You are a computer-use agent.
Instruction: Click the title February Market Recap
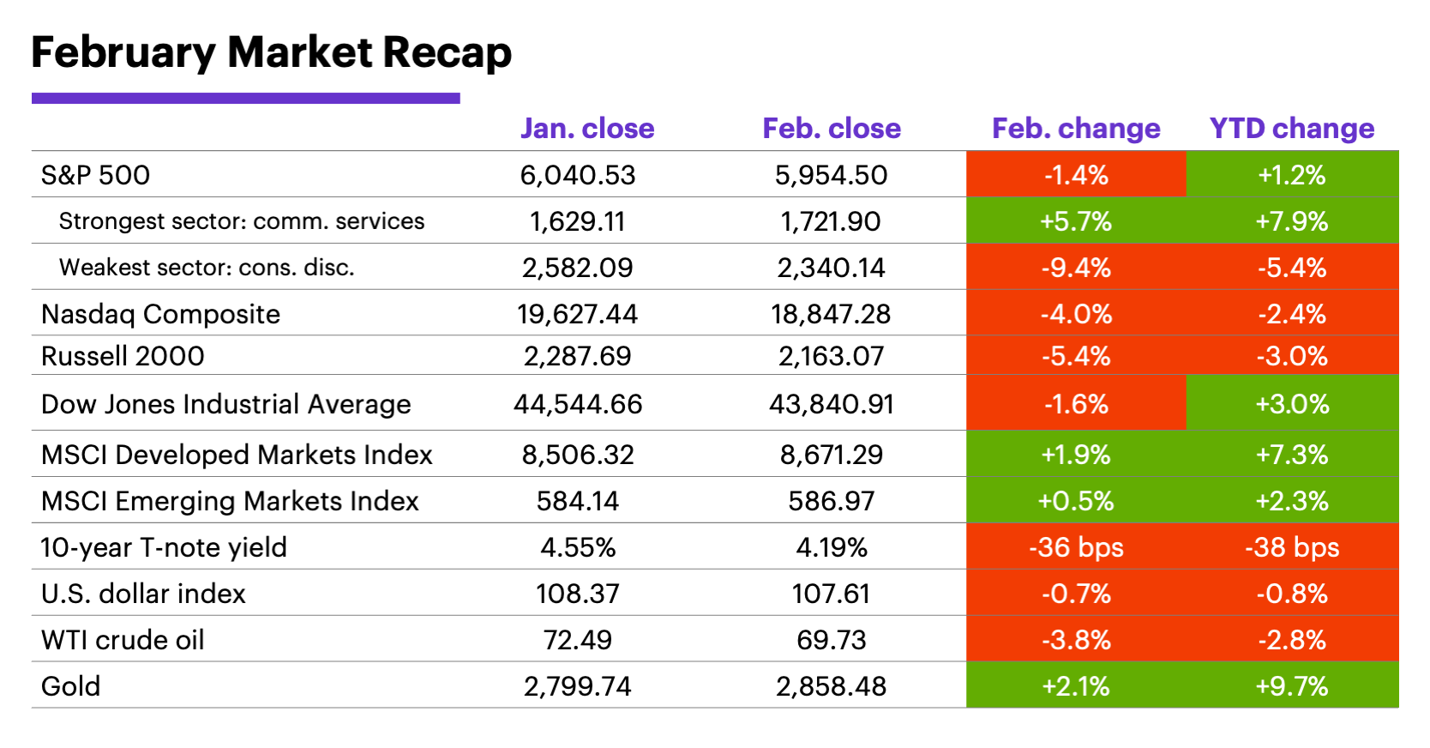[x=271, y=53]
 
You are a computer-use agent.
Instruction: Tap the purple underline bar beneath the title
[x=245, y=99]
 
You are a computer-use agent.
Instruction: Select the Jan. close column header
[x=587, y=129]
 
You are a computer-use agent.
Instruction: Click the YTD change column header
[x=1291, y=129]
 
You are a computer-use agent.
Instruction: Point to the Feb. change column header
[x=1076, y=129]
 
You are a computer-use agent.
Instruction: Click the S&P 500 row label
[x=95, y=175]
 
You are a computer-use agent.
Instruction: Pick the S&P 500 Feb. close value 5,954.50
[x=831, y=175]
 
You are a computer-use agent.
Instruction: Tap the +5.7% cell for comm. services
[x=1076, y=221]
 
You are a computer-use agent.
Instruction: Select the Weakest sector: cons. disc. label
[x=207, y=268]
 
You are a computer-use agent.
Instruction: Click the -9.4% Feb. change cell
[x=1076, y=268]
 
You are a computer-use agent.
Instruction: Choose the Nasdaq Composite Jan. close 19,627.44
[x=577, y=314]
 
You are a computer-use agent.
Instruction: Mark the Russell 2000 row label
[x=123, y=356]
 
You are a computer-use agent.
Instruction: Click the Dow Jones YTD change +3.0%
[x=1292, y=404]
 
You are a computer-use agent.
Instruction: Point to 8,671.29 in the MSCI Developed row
[x=831, y=455]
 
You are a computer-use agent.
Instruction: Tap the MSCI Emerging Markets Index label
[x=230, y=501]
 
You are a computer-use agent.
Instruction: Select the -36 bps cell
[x=1076, y=547]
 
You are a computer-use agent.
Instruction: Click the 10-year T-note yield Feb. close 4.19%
[x=831, y=547]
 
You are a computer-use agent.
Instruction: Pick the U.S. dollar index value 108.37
[x=577, y=594]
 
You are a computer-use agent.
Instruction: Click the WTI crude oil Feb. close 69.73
[x=831, y=640]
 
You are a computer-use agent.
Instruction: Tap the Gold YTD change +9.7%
[x=1292, y=686]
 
